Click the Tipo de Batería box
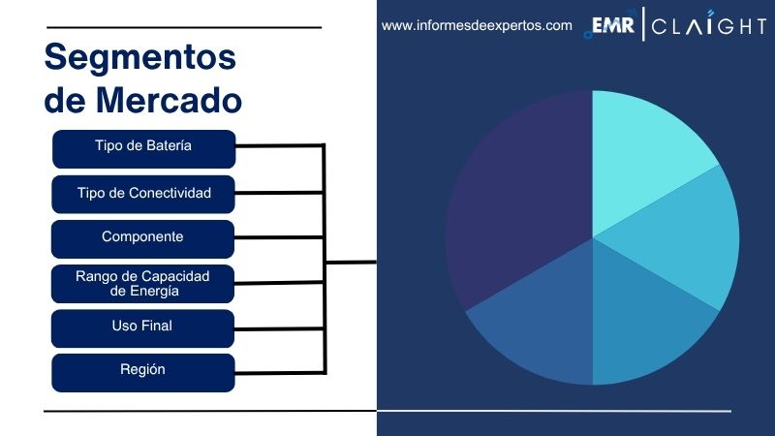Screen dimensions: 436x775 [143, 147]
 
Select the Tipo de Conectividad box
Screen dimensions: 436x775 [143, 193]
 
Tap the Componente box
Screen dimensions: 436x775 [143, 237]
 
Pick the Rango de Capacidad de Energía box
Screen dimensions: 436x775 [143, 283]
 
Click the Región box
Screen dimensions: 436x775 [143, 371]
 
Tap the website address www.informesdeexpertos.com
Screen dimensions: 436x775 [477, 26]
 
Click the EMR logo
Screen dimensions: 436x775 [612, 26]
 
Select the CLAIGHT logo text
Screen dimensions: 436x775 [708, 27]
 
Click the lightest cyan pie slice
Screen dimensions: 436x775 [649, 145]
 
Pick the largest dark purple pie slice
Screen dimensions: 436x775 [513, 203]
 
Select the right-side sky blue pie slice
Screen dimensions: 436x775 [697, 242]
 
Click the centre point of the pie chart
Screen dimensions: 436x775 [592, 237]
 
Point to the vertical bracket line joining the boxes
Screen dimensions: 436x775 [325, 260]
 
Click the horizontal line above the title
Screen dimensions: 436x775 [184, 27]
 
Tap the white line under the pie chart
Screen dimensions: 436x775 [552, 411]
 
